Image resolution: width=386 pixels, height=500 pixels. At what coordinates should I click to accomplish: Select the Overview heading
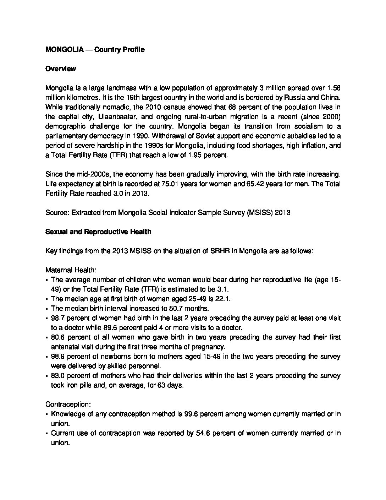[61, 69]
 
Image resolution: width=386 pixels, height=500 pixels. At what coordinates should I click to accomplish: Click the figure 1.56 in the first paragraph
[334, 88]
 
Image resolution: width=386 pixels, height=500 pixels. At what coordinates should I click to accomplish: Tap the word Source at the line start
[57, 213]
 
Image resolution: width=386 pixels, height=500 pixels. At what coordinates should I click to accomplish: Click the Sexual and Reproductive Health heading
[98, 232]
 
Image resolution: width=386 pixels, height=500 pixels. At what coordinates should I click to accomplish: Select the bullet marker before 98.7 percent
[47, 319]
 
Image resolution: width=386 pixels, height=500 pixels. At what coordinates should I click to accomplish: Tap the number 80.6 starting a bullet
[58, 337]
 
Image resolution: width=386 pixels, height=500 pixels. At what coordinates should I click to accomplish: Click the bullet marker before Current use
[47, 434]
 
